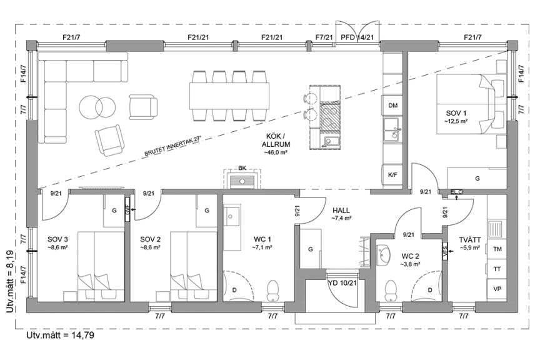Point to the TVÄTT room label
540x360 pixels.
pos(469,239)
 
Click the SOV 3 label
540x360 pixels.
pos(57,239)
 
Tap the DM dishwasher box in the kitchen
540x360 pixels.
pos(392,106)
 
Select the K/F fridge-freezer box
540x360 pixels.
pos(392,175)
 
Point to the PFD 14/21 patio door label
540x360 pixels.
pos(357,37)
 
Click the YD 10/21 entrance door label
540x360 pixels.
pos(342,282)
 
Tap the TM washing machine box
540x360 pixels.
pos(497,249)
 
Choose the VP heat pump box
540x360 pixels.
pos(497,289)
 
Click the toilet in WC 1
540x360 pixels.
pos(272,289)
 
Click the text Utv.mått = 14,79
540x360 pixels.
pos(60,336)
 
